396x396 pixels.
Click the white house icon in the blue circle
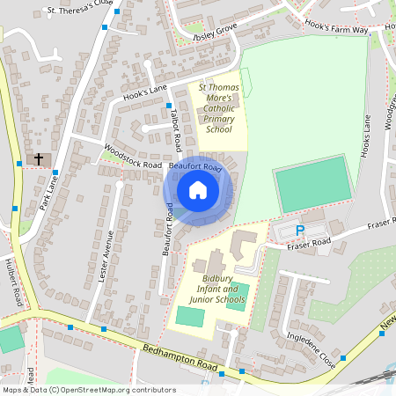[x=198, y=190]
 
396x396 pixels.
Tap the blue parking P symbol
[x=299, y=231]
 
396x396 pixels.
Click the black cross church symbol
[x=38, y=159]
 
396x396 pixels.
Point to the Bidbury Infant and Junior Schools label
[x=216, y=289]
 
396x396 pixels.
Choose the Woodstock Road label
[x=132, y=156]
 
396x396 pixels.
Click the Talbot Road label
[x=176, y=129]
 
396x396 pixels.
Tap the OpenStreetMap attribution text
[x=88, y=389]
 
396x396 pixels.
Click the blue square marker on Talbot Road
[x=169, y=106]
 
